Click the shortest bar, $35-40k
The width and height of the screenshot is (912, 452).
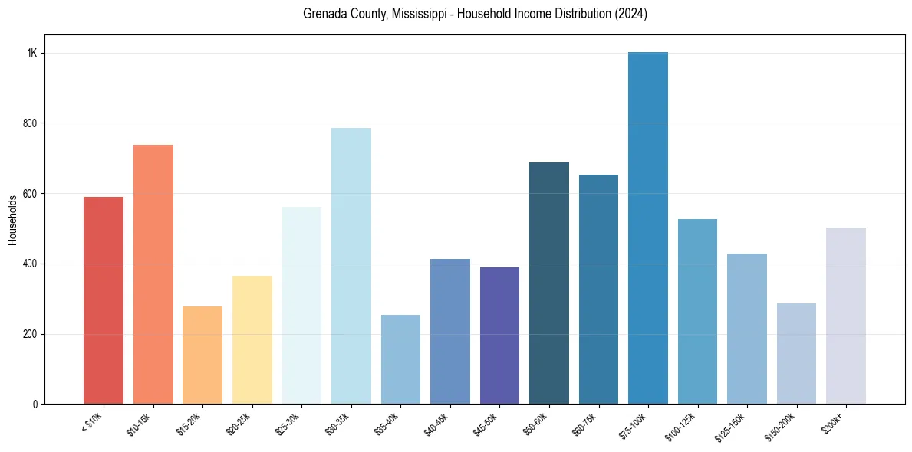click(x=400, y=359)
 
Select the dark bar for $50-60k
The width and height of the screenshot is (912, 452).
click(x=549, y=283)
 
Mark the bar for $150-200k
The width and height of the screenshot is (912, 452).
click(x=796, y=353)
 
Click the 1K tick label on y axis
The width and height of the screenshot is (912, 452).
click(x=31, y=53)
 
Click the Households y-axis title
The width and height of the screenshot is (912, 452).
click(x=12, y=220)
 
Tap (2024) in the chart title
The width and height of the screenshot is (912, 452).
click(x=630, y=15)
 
